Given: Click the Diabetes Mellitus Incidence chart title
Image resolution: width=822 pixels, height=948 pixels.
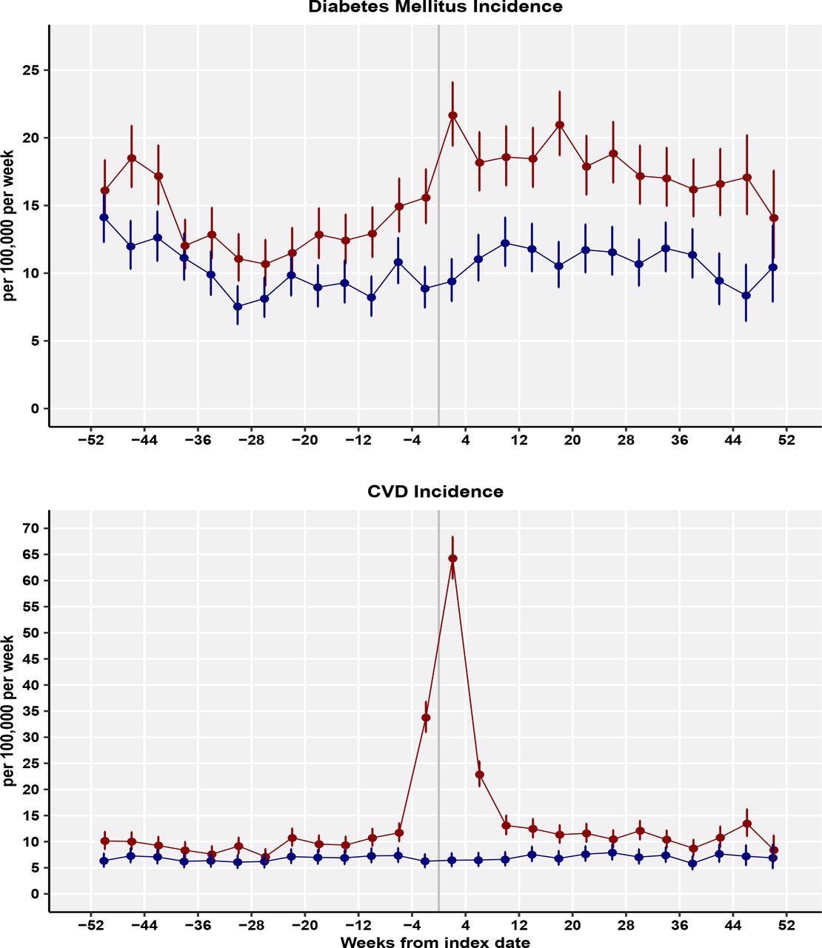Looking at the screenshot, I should click(x=435, y=7).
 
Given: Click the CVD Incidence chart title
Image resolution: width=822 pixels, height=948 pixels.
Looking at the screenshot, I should click(x=435, y=492).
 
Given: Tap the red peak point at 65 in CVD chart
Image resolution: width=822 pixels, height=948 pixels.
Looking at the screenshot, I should click(x=452, y=558).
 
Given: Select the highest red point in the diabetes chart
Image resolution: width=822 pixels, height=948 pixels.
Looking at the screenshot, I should click(x=452, y=116).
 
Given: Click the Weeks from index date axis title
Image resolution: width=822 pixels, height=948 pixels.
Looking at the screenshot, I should click(x=435, y=942).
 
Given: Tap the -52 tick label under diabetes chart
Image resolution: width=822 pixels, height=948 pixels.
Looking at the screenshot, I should click(x=90, y=440).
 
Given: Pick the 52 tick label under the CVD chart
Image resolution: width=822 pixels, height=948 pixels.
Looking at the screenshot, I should click(x=786, y=925).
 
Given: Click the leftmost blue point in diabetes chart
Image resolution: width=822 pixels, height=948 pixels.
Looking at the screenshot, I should click(x=104, y=217).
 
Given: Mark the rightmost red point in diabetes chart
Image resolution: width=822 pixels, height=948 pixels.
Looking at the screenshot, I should click(x=774, y=218).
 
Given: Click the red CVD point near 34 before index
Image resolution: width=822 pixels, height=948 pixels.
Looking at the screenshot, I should click(x=426, y=717).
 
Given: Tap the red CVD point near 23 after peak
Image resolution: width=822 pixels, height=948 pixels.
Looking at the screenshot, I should click(x=479, y=775).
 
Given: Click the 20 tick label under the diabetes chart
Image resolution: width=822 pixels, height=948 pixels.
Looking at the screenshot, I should click(x=572, y=440).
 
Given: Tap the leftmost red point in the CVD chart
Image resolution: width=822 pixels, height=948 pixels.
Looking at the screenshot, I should click(x=104, y=841).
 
